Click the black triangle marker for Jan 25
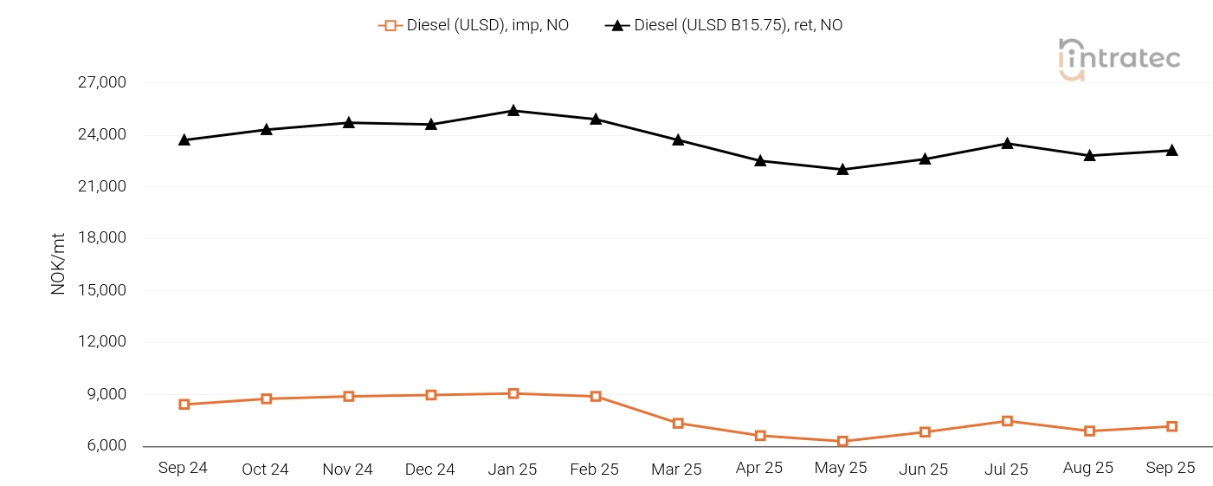pyautogui.click(x=513, y=111)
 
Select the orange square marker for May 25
pyautogui.click(x=842, y=441)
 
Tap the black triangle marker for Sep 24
pyautogui.click(x=184, y=139)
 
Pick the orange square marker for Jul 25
pyautogui.click(x=1007, y=421)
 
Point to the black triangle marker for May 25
pyautogui.click(x=842, y=169)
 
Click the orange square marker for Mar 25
pyautogui.click(x=678, y=423)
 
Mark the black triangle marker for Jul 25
pyautogui.click(x=1007, y=143)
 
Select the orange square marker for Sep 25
pyautogui.click(x=1171, y=426)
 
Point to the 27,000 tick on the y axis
pyautogui.click(x=103, y=83)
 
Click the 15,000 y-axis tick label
pyautogui.click(x=103, y=290)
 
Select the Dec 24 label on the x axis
pyautogui.click(x=430, y=469)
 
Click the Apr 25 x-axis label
pyautogui.click(x=758, y=468)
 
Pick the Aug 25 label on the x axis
pyautogui.click(x=1088, y=468)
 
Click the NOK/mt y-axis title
pyautogui.click(x=58, y=263)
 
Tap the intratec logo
pyautogui.click(x=1119, y=59)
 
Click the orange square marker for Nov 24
pyautogui.click(x=349, y=396)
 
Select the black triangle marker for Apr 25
pyautogui.click(x=760, y=160)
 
